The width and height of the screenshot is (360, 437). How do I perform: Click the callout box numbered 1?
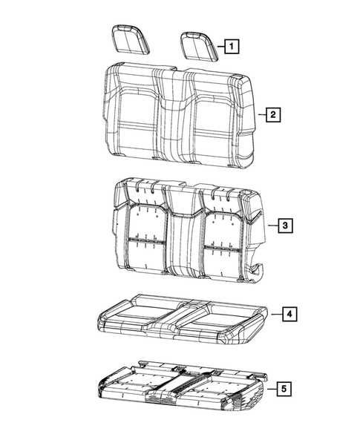(x=232, y=47)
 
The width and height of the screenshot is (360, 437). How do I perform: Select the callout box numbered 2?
(x=274, y=114)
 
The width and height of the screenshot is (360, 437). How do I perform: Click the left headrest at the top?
(x=130, y=39)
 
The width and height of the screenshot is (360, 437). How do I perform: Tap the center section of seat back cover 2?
(x=177, y=119)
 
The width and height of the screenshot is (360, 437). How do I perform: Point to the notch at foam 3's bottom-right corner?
(x=258, y=268)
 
